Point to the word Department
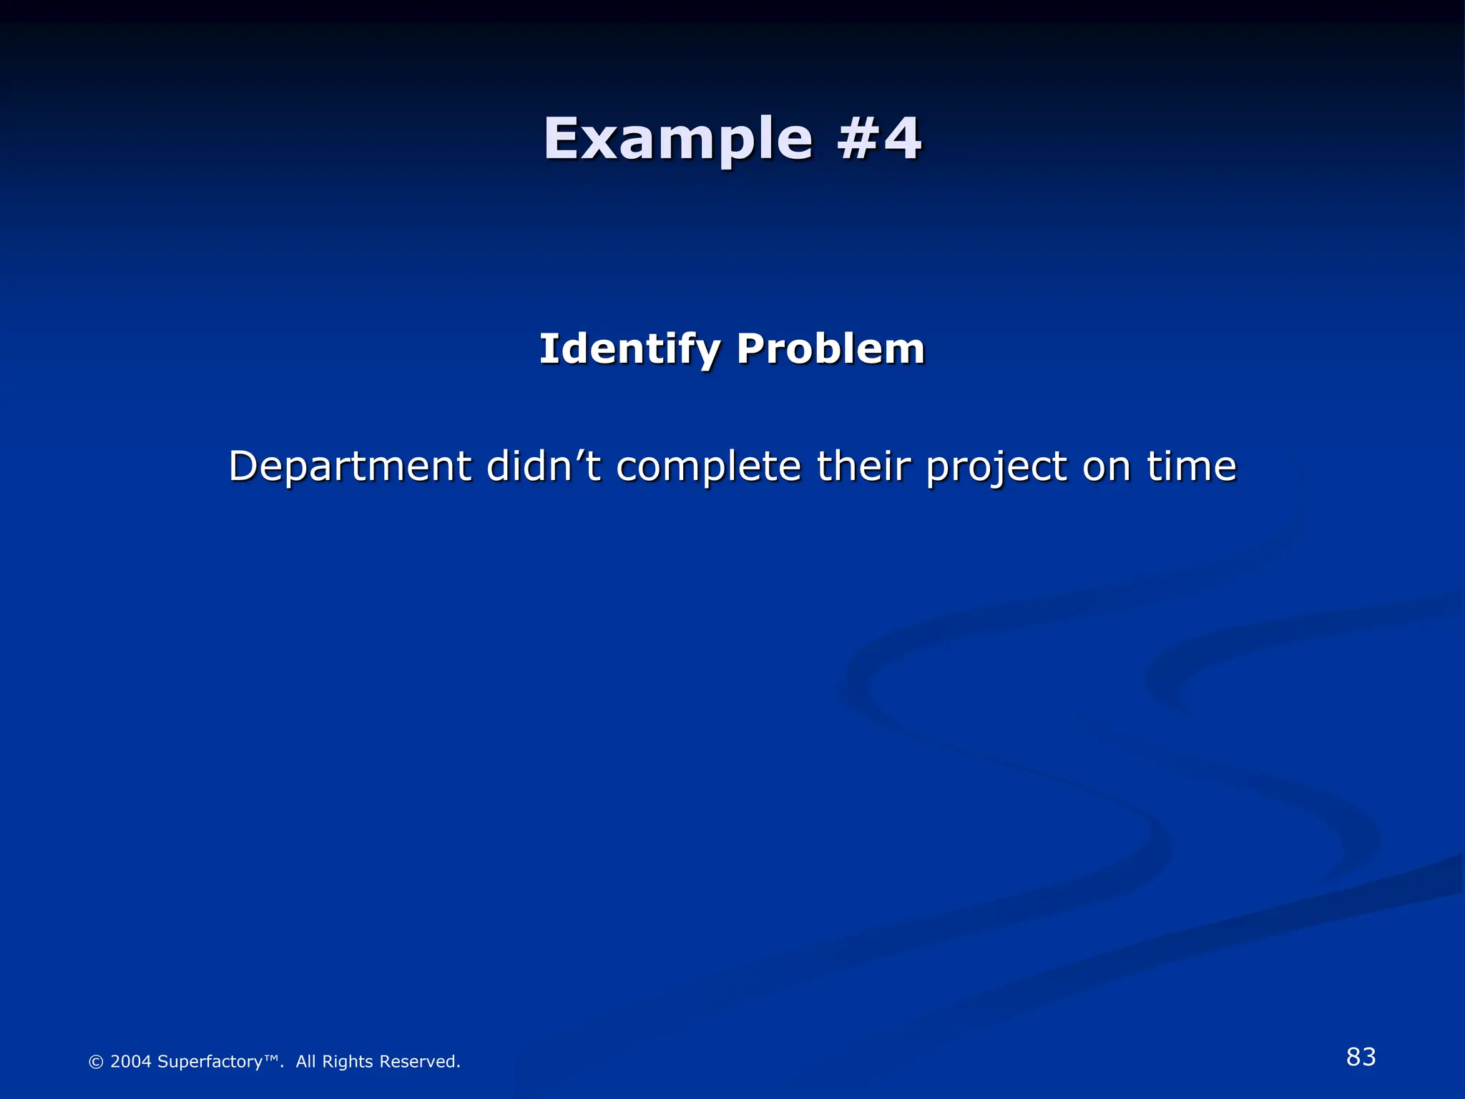click(x=350, y=467)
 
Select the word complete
click(x=708, y=467)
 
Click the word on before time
click(x=1107, y=467)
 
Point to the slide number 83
click(x=1361, y=1057)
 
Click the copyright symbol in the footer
click(x=96, y=1062)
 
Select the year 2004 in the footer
click(x=131, y=1061)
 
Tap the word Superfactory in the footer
click(x=210, y=1062)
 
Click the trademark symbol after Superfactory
click(x=271, y=1058)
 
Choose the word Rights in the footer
click(x=348, y=1062)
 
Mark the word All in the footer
click(x=305, y=1061)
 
